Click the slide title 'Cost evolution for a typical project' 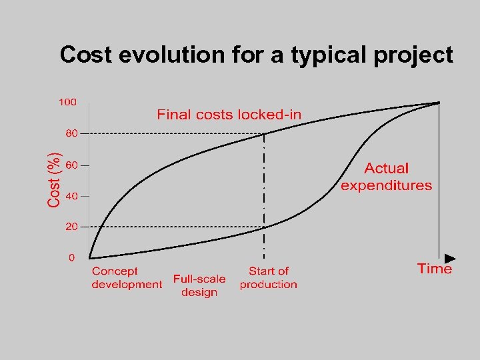[257, 55]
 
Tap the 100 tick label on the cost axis [67, 102]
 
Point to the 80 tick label [71, 133]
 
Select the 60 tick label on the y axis [71, 165]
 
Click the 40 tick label [71, 196]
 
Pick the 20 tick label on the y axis [71, 227]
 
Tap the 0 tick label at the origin [72, 257]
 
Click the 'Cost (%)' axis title [55, 179]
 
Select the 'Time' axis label [435, 269]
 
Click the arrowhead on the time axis [450, 258]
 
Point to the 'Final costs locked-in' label [229, 115]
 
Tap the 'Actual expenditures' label [386, 177]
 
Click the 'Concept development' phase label [127, 277]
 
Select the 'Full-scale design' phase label [199, 285]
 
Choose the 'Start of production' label [269, 277]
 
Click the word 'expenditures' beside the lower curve [386, 186]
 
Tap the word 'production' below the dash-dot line [269, 285]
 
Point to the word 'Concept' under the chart [115, 271]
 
